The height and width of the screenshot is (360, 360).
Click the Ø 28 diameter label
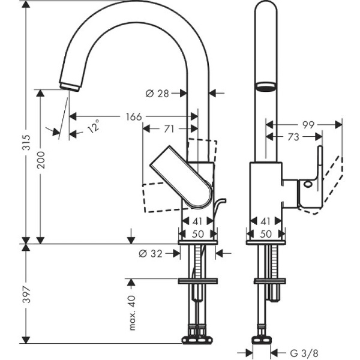[x=158, y=93]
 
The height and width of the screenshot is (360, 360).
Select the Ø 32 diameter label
[x=151, y=253]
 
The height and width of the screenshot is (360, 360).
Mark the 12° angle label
[x=93, y=127]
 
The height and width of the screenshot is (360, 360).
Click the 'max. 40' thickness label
[x=133, y=311]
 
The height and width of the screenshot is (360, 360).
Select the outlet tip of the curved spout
[x=71, y=86]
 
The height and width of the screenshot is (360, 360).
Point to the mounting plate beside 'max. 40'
[x=198, y=280]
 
